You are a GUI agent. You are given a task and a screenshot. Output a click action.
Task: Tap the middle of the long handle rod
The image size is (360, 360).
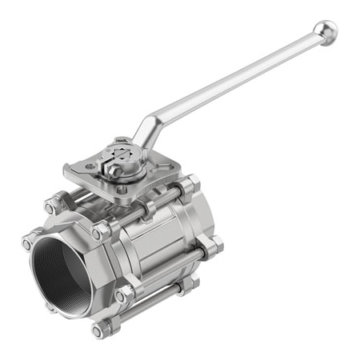[x=232, y=84]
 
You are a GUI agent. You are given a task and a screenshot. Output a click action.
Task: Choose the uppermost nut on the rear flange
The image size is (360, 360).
[x=190, y=186]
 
